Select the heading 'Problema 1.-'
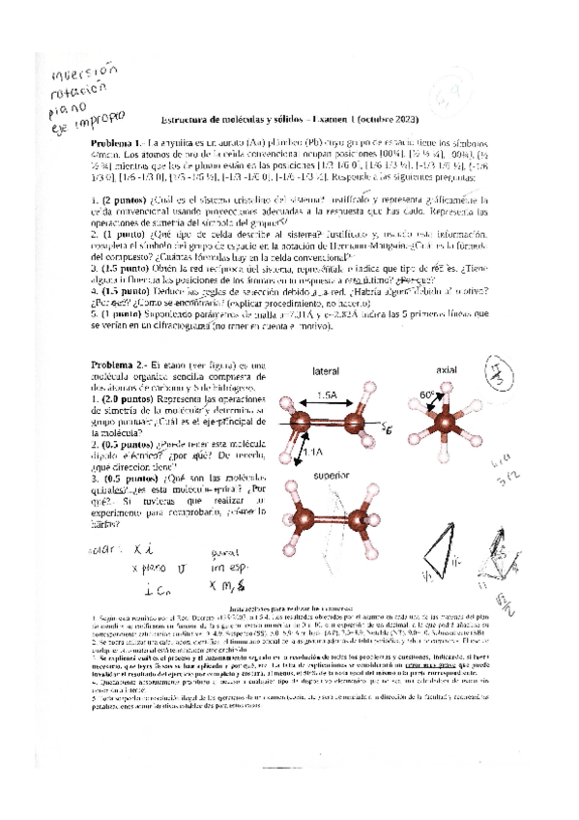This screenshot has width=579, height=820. click(117, 141)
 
